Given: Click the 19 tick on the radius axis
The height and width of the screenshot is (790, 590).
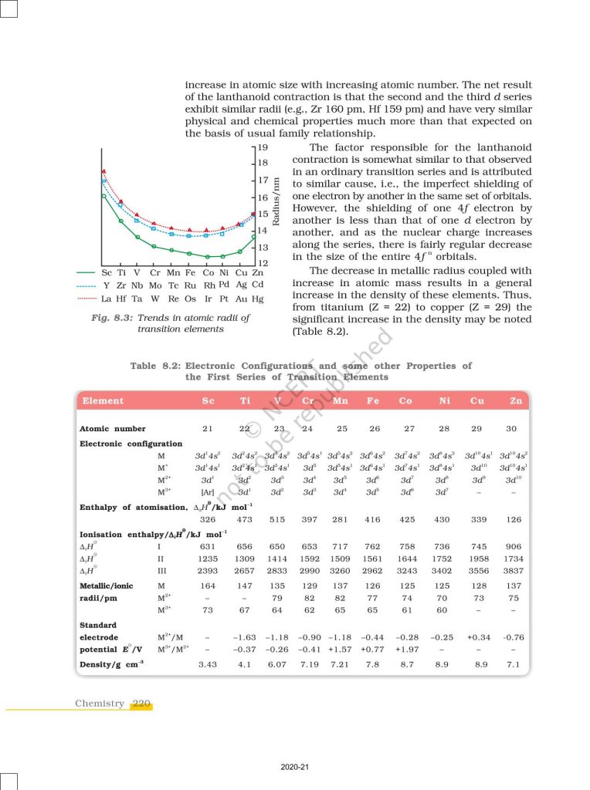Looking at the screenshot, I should [262, 147].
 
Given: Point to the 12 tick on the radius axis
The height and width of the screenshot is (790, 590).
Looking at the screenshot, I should [262, 264].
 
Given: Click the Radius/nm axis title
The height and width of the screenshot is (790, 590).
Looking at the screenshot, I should [276, 205].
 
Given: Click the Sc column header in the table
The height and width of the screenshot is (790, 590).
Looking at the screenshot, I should [208, 400].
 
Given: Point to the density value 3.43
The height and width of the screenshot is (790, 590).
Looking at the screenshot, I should [208, 663].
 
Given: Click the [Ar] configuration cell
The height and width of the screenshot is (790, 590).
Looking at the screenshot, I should [208, 491].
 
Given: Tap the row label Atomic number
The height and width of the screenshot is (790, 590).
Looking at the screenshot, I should [113, 428].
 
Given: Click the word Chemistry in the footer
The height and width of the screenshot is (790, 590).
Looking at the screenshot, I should [100, 704].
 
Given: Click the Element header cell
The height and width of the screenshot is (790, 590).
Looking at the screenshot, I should [103, 400].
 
